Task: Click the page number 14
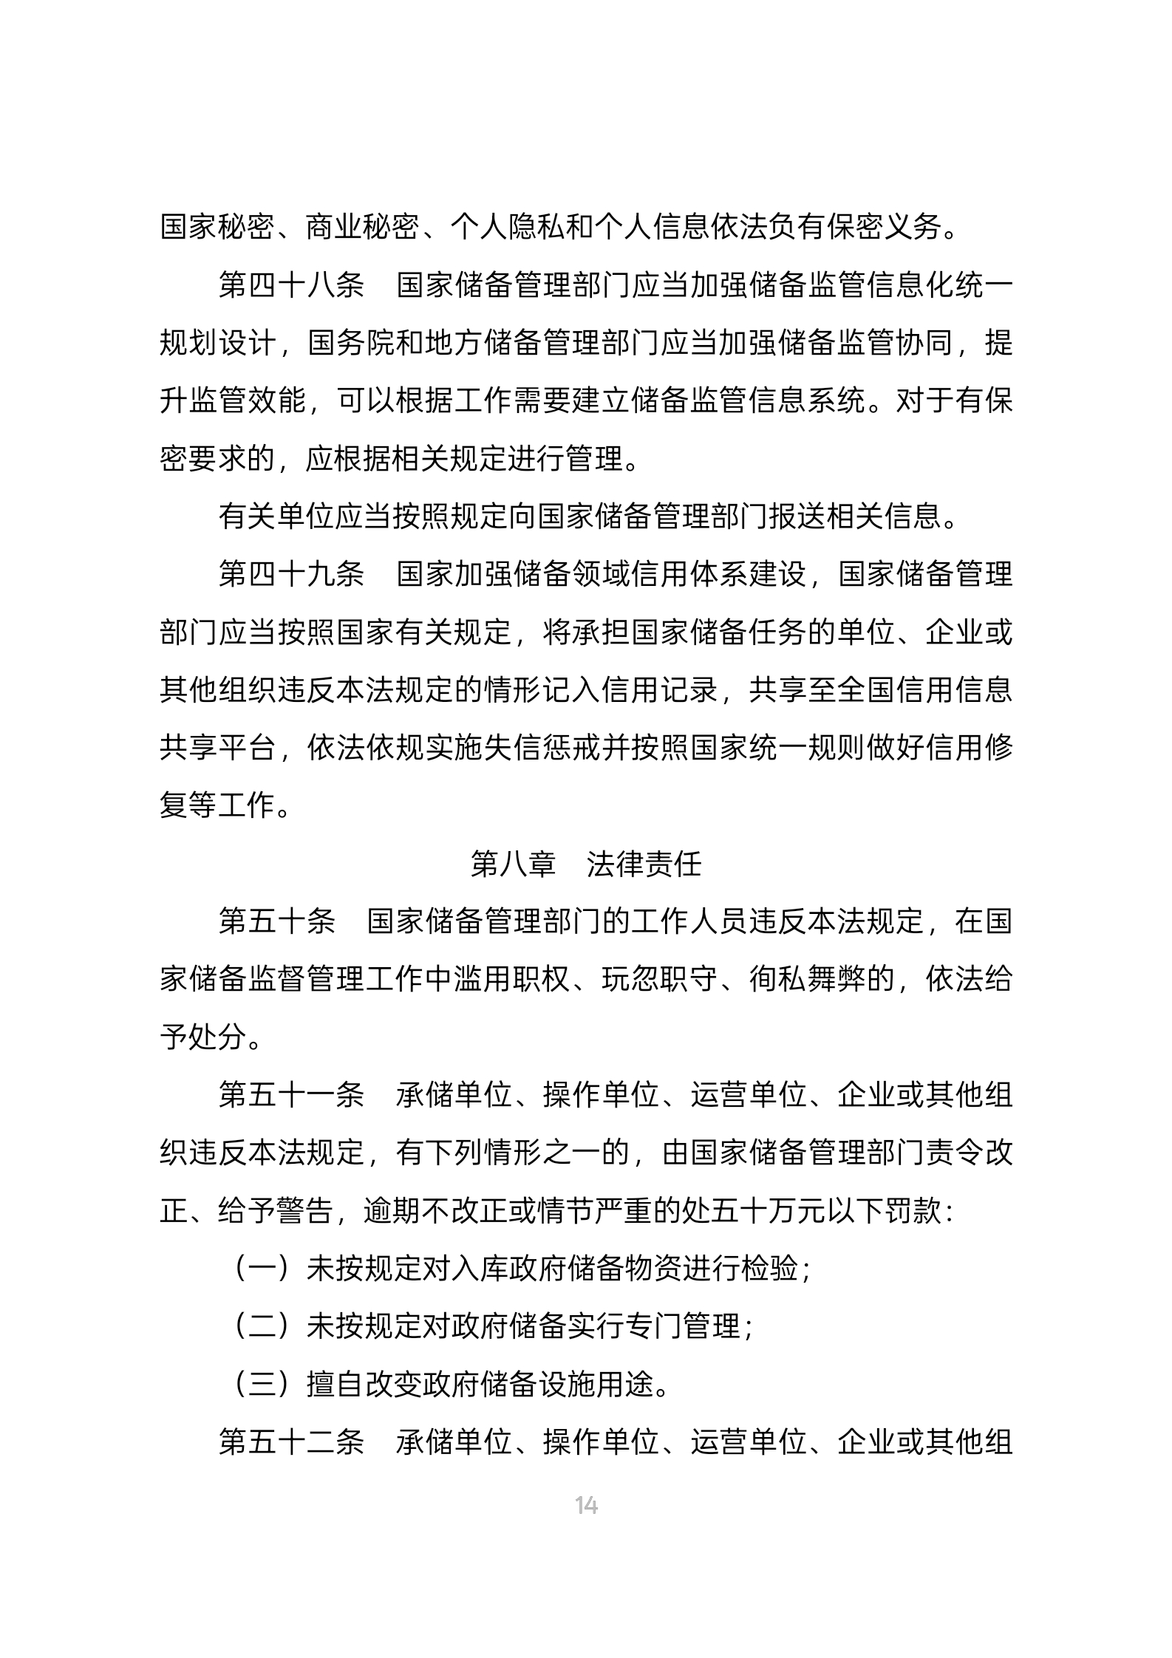click(586, 1504)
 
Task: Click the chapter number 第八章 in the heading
click(513, 864)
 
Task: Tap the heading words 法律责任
click(644, 864)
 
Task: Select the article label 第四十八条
click(291, 285)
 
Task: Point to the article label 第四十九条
click(291, 574)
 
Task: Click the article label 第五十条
click(277, 922)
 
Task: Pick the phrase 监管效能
click(248, 401)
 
